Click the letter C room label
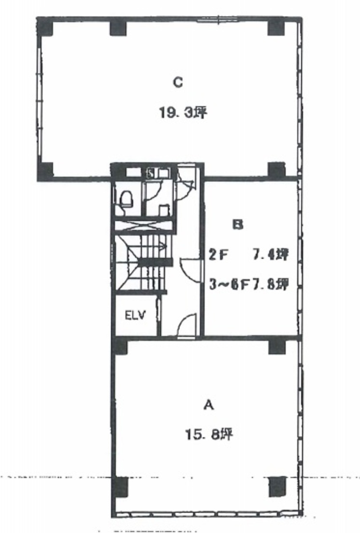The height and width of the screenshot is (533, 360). coord(178,82)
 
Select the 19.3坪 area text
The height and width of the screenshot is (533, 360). coord(183,112)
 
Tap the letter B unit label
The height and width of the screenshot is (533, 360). coord(238,224)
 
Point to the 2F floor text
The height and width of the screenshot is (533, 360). coord(218,255)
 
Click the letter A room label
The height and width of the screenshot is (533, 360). coord(209,405)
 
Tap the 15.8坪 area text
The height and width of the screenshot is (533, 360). coord(209,434)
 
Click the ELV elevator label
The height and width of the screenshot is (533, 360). coord(135,315)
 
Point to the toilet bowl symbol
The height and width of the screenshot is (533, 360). coord(126,199)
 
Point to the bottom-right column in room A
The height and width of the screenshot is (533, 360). coord(277,487)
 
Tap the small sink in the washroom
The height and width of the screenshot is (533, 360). coord(164,209)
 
